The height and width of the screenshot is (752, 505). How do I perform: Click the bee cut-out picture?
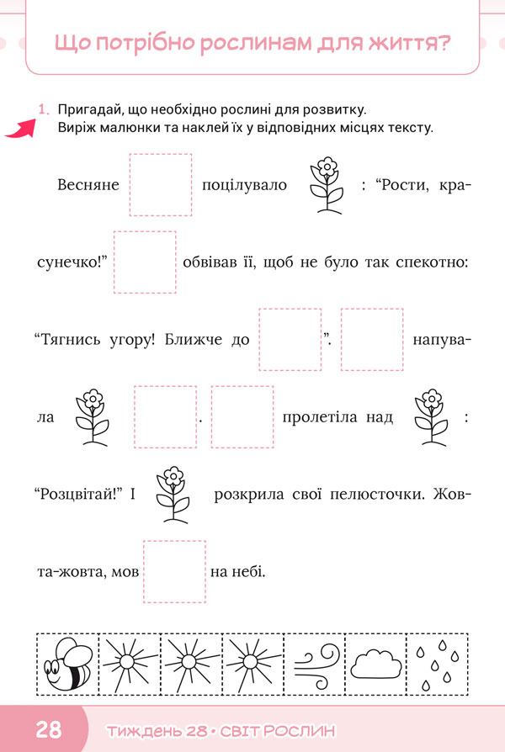67,665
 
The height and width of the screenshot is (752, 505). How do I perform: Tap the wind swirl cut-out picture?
316,665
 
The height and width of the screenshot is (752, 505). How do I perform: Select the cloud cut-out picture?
376,665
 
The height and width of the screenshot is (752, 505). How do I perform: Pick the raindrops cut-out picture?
438,665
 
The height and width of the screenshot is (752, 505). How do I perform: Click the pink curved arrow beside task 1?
21,129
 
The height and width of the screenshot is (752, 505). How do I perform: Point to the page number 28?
49,729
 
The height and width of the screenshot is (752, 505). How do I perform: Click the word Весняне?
88,185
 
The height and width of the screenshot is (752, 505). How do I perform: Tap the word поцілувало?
244,186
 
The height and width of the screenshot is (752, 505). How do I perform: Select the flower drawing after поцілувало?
327,185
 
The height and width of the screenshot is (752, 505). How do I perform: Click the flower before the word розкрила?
173,495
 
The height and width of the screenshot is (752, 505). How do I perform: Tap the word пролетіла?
320,418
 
